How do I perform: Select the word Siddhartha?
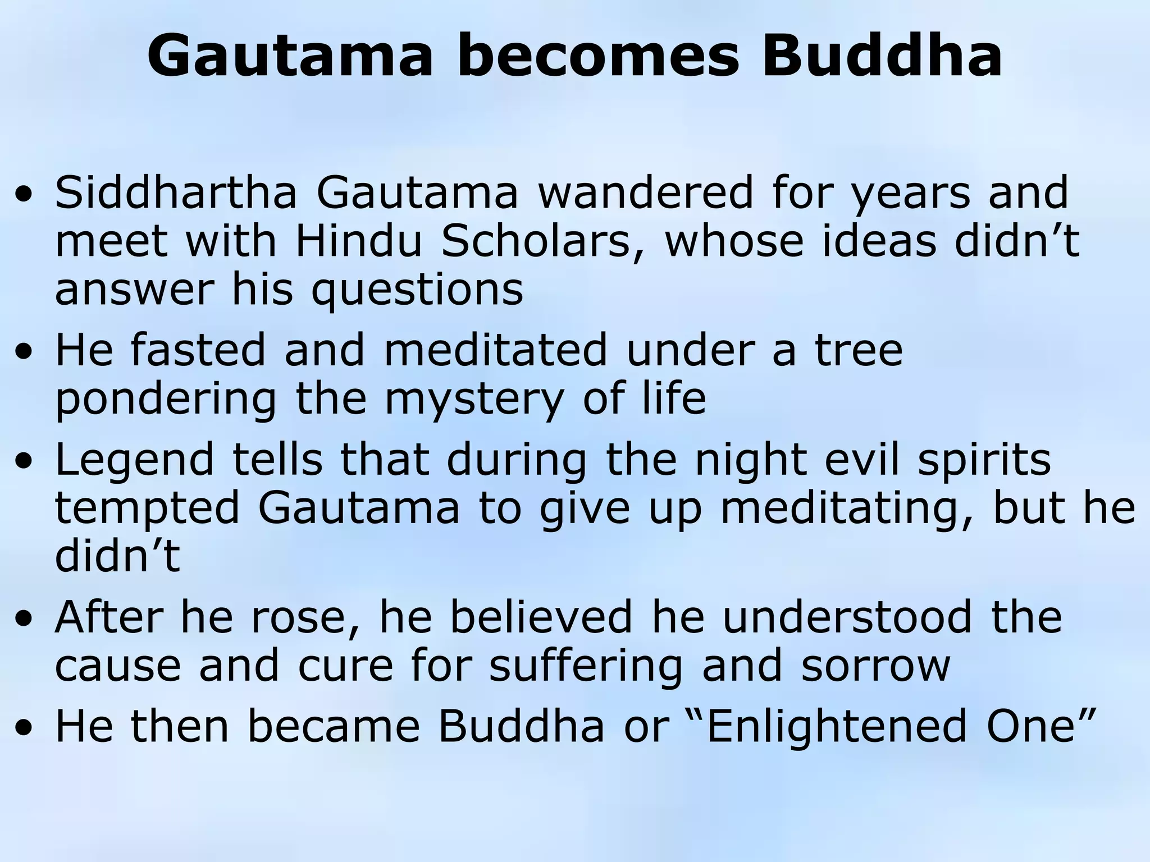point(176,192)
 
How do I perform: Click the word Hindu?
point(358,241)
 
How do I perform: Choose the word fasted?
point(198,350)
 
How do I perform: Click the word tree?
point(859,350)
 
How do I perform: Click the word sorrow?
point(875,666)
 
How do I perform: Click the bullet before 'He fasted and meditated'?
point(24,353)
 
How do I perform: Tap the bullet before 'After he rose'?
point(24,621)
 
